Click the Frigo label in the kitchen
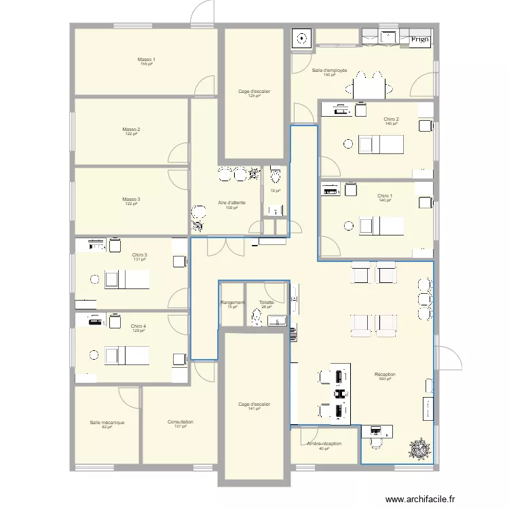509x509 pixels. click(419, 39)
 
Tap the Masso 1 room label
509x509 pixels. click(147, 60)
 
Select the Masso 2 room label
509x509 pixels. click(131, 130)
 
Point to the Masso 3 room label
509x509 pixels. click(131, 200)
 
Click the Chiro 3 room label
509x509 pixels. click(140, 255)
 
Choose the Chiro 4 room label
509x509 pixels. click(138, 326)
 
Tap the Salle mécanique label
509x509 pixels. click(107, 422)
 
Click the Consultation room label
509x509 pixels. click(181, 422)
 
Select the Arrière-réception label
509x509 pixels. click(324, 444)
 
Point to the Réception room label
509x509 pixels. click(385, 375)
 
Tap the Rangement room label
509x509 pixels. click(232, 303)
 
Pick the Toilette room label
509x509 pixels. click(266, 303)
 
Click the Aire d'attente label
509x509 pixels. click(231, 203)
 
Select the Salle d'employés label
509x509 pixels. click(330, 71)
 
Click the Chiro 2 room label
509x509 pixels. click(391, 119)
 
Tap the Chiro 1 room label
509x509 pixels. click(385, 196)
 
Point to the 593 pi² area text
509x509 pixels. click(385, 379)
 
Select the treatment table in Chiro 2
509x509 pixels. click(381, 144)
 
